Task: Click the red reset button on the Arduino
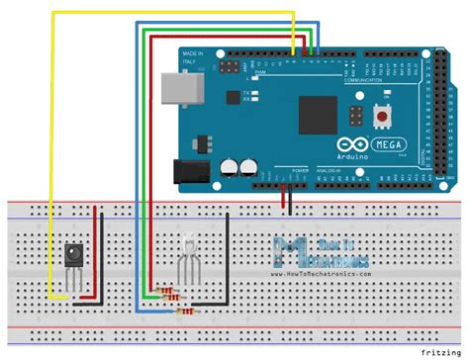[x=381, y=117]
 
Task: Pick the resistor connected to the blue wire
[x=184, y=312]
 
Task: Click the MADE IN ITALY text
[x=193, y=56]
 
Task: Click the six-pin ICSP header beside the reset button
[x=352, y=118]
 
